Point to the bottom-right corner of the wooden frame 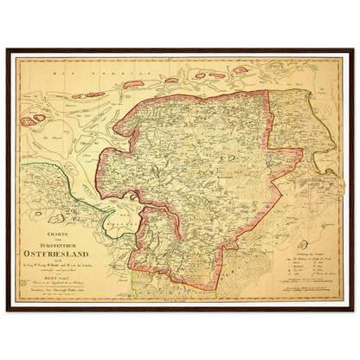coord(355,311)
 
